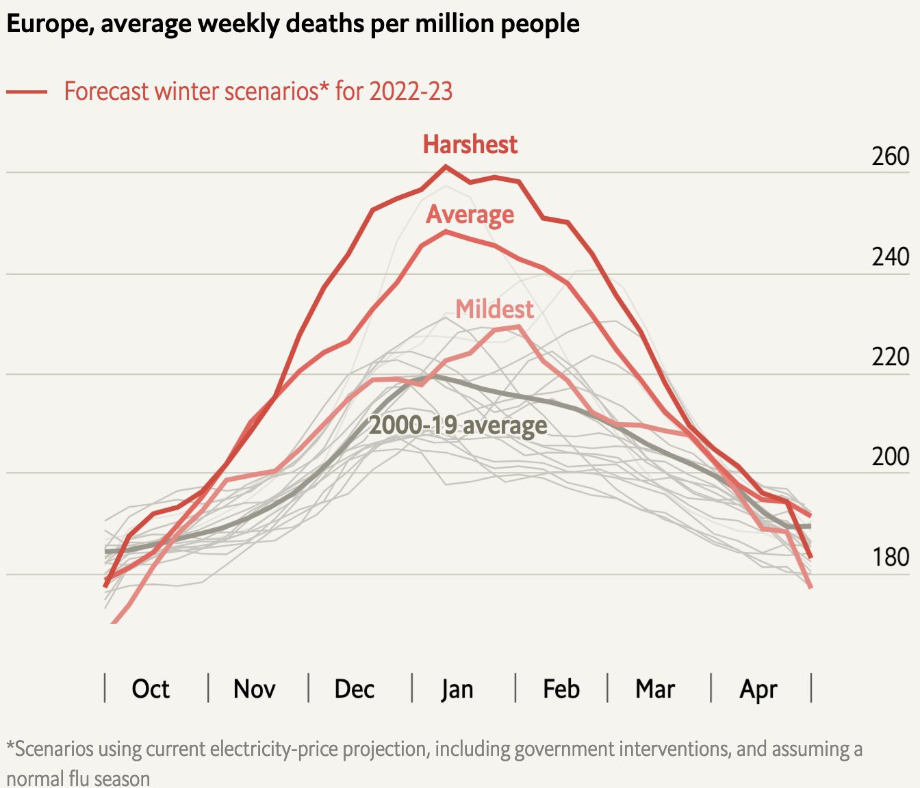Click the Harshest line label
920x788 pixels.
click(470, 144)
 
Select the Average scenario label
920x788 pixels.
click(470, 215)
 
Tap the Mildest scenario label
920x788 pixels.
click(494, 309)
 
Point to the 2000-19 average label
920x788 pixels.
click(458, 425)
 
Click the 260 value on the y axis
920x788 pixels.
click(890, 157)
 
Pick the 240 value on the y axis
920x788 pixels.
click(890, 257)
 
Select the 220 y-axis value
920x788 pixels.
click(890, 357)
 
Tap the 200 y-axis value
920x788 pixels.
click(890, 456)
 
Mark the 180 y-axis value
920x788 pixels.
click(890, 557)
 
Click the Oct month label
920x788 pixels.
click(151, 689)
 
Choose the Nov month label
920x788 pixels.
click(254, 689)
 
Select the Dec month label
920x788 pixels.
click(354, 689)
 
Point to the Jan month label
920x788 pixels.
click(457, 689)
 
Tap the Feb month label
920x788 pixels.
click(561, 689)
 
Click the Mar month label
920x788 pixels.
click(655, 689)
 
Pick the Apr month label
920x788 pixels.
click(758, 689)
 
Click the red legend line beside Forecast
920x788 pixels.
click(27, 92)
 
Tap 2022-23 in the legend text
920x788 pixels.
click(411, 91)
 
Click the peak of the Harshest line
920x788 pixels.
click(446, 166)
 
